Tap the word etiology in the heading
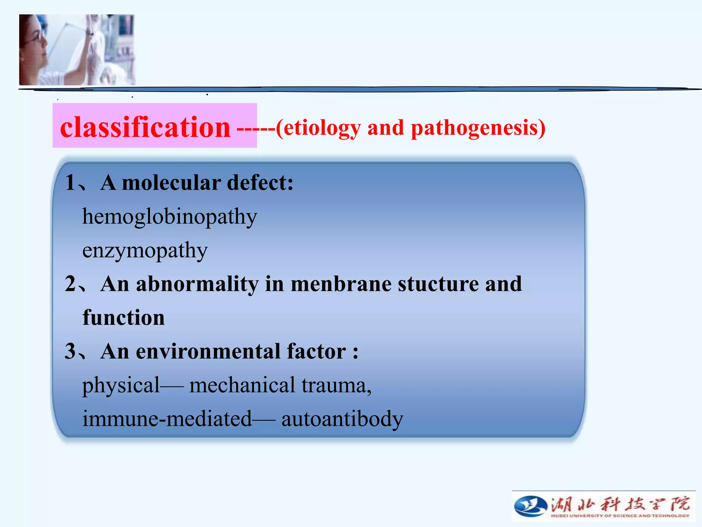coord(322,128)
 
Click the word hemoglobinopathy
coord(169,217)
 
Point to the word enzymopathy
coord(145,250)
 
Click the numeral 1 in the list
coord(70,182)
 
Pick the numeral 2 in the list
coord(70,284)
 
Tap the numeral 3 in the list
coord(70,351)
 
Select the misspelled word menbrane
coord(341,284)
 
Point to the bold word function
coord(124,317)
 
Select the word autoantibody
coord(342,419)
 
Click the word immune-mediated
coord(167,419)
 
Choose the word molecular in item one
coord(171,183)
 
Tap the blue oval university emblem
coord(530,506)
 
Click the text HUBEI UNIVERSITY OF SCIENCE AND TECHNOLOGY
coord(620,516)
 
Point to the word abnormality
coord(197,284)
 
